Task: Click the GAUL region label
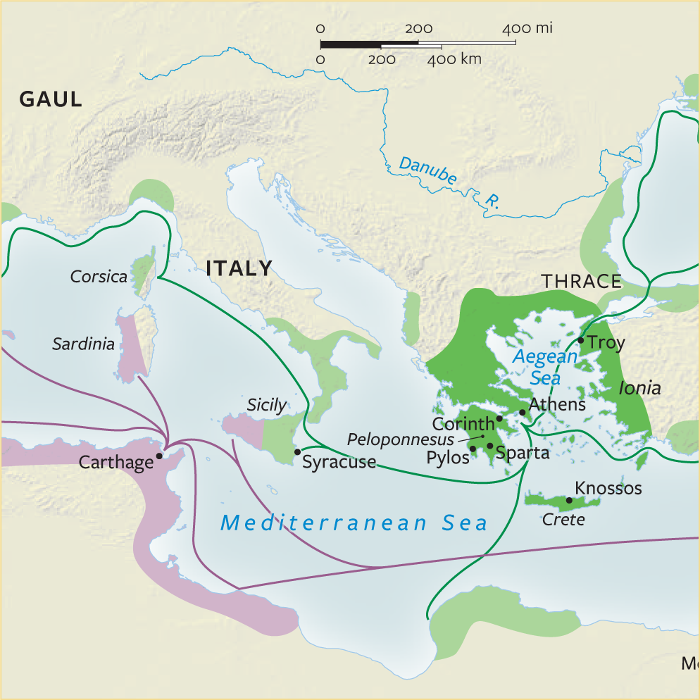coord(50,99)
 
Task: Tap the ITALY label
coord(239,268)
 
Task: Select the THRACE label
coord(582,282)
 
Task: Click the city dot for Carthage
coord(159,456)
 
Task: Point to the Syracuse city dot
coord(297,451)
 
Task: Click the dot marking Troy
coord(580,340)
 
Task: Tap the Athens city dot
coord(522,412)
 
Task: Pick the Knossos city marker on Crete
coord(569,500)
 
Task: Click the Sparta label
coord(522,453)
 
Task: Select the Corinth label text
coord(463,424)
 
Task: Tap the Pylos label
coord(448,457)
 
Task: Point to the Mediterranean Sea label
coord(354,523)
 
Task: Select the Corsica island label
coord(99,276)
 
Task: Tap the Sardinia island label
coord(83,344)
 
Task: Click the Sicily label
coord(266,405)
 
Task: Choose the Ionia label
coord(639,388)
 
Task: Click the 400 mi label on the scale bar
coord(527,29)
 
